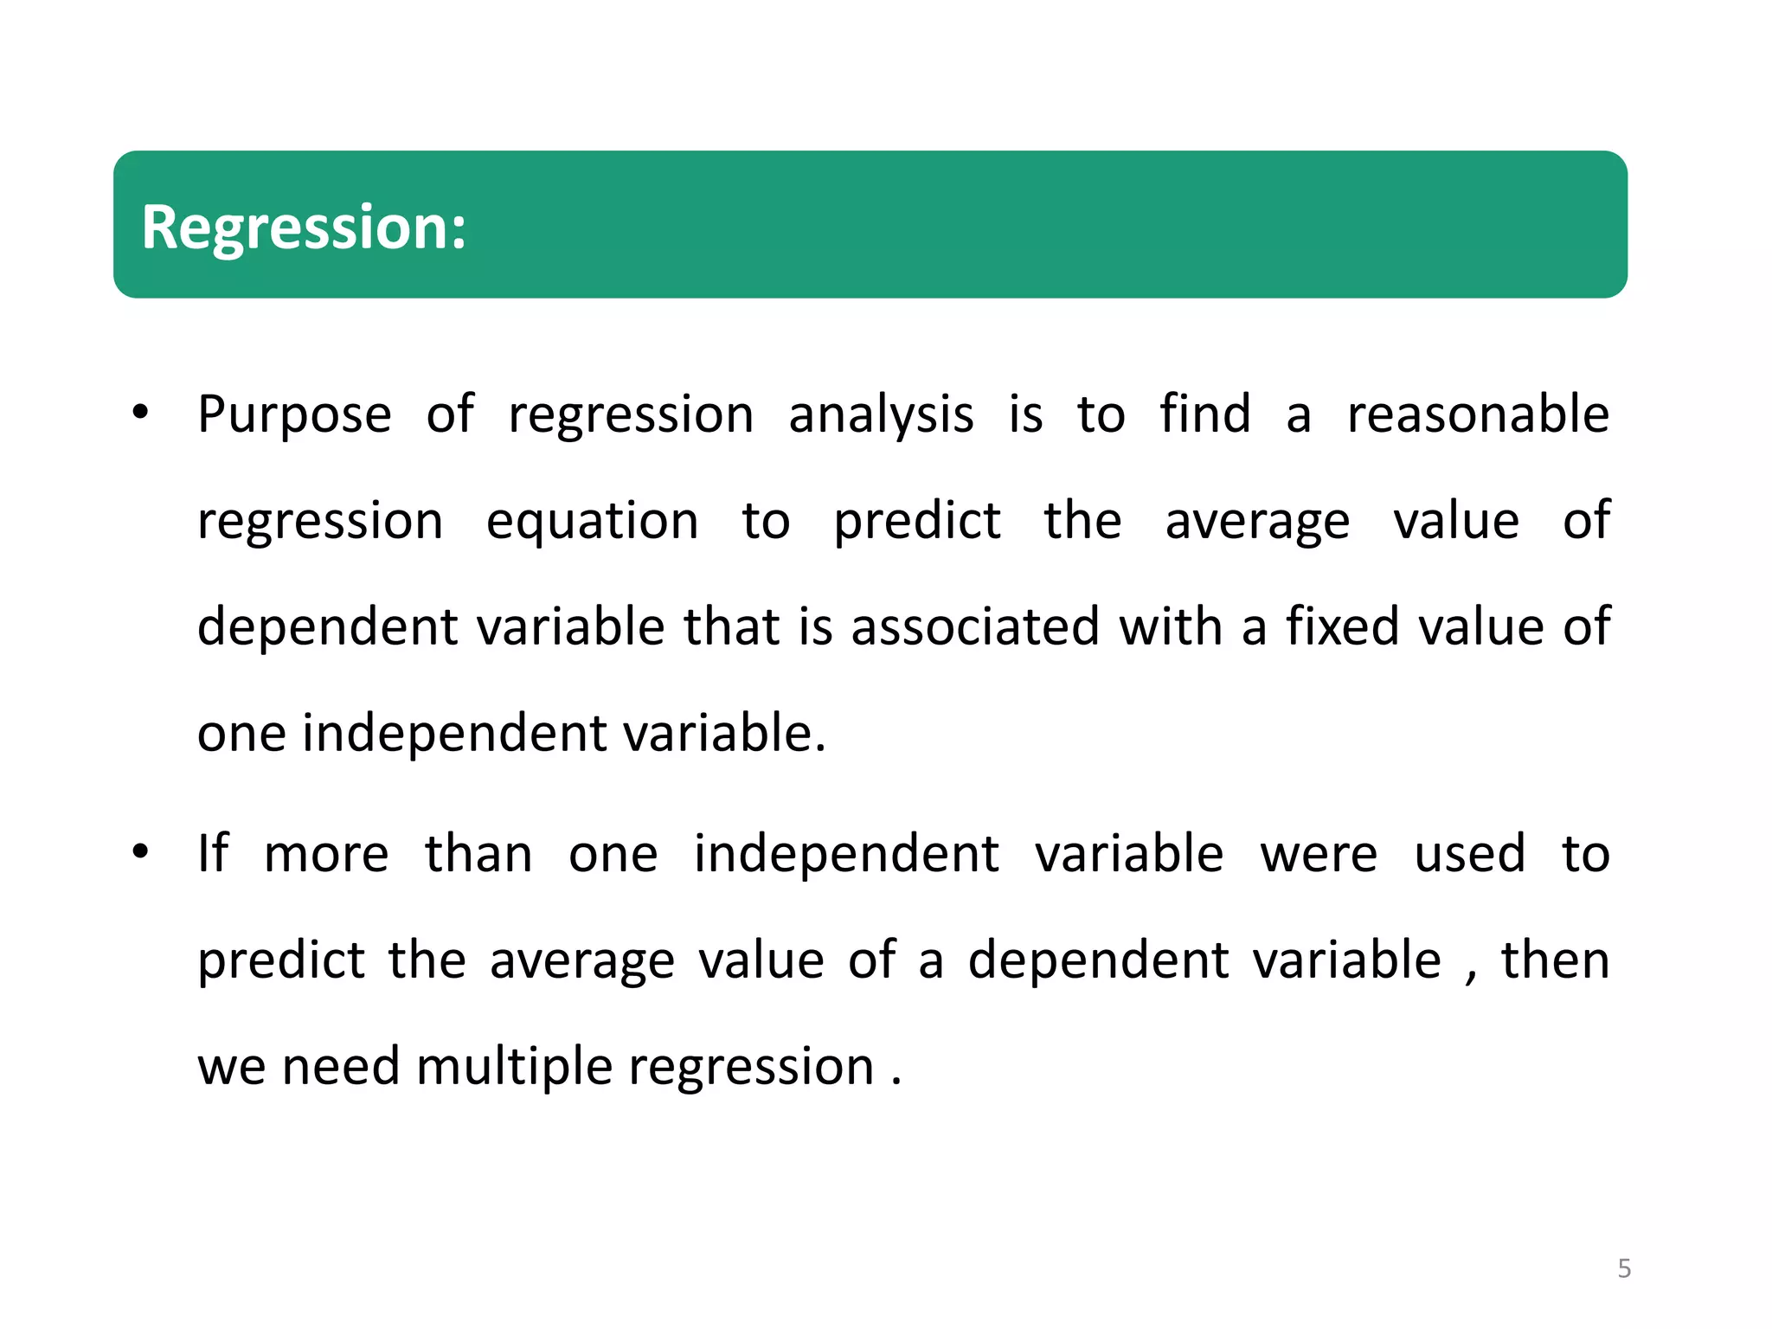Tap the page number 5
(1624, 1268)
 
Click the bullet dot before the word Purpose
(141, 413)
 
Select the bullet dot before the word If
(141, 852)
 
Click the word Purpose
(294, 415)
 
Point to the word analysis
(881, 415)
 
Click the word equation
(592, 523)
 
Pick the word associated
(975, 626)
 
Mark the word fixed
(1342, 626)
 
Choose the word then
(1555, 960)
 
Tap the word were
(1319, 855)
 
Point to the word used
(1469, 855)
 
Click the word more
(326, 855)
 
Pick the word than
(478, 855)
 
